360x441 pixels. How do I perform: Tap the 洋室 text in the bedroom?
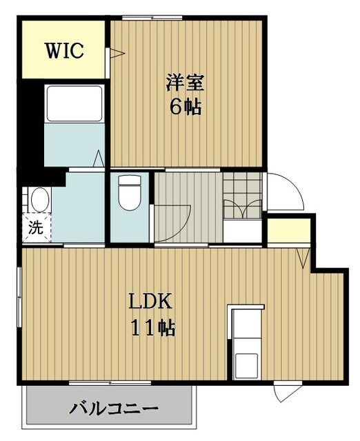tap(185, 82)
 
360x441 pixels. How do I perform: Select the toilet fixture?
tap(128, 194)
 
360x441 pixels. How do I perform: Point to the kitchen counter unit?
tap(246, 342)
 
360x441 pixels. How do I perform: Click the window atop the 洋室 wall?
tap(152, 18)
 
